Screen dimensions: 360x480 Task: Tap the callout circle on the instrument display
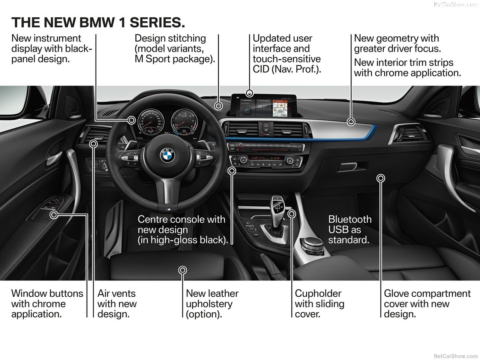click(x=132, y=120)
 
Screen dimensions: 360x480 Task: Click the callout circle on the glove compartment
click(x=381, y=178)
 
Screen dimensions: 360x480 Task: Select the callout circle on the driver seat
click(x=183, y=270)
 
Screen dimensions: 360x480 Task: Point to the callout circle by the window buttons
click(x=54, y=214)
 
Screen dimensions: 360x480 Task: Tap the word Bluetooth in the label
click(x=350, y=219)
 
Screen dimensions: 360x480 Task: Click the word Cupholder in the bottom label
click(x=318, y=294)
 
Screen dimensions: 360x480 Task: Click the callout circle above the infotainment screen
click(x=250, y=93)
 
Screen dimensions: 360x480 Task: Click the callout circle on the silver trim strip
click(x=351, y=121)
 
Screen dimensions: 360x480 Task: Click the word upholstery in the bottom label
click(x=208, y=304)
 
